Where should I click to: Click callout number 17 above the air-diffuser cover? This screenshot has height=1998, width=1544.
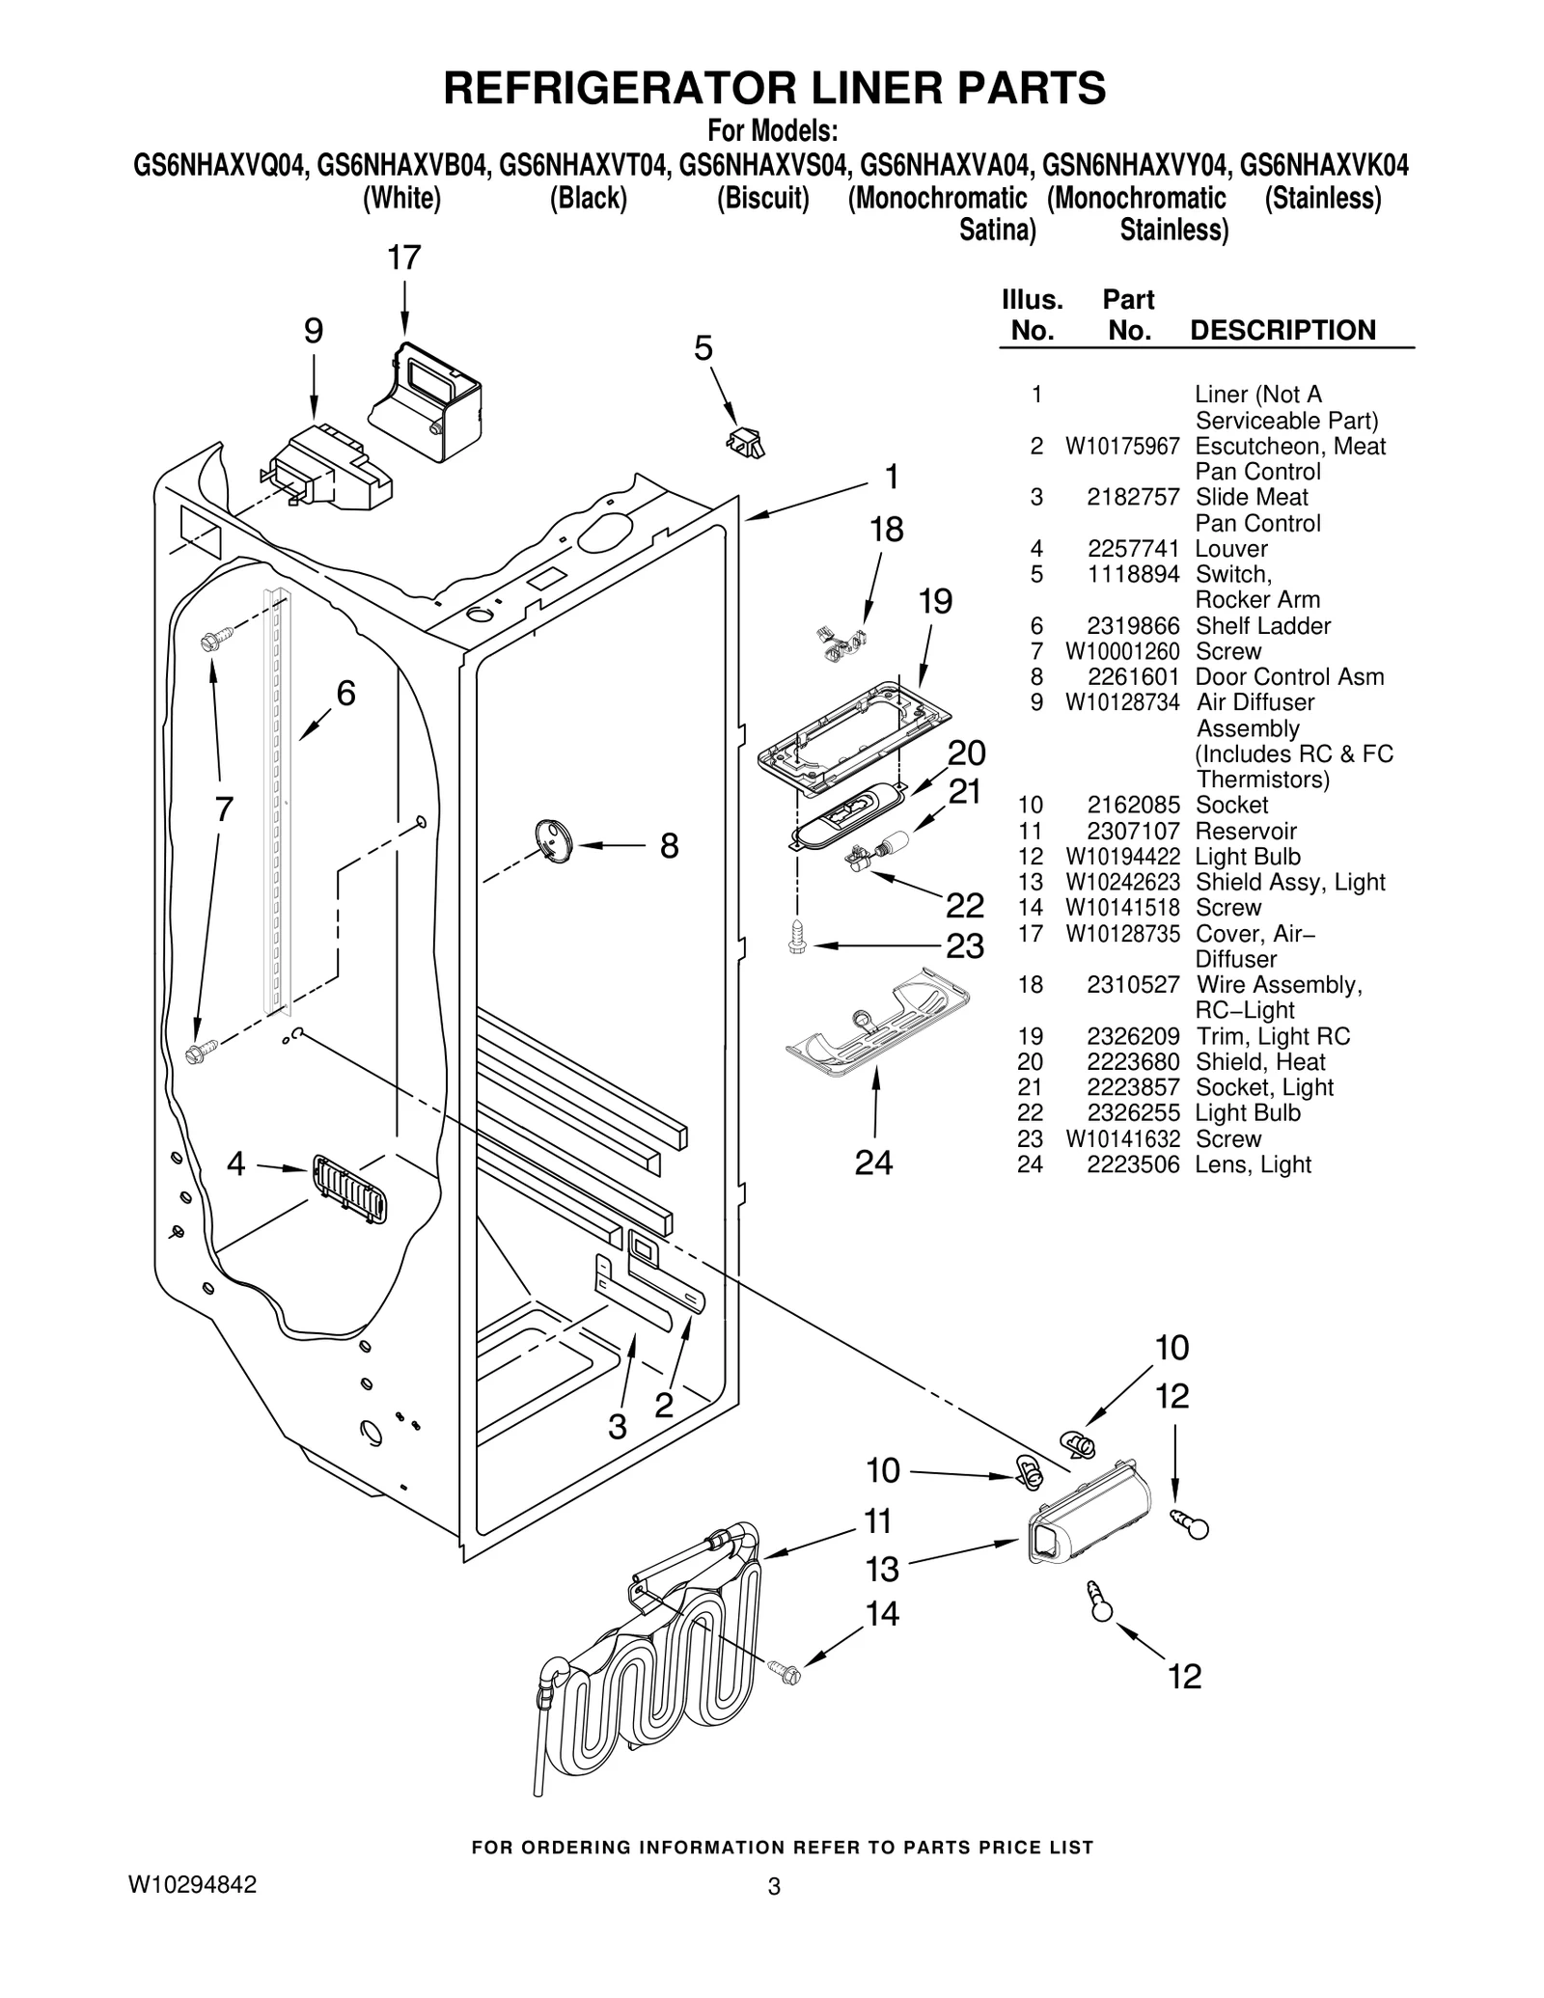(404, 259)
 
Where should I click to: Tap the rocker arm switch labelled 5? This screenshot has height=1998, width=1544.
(745, 443)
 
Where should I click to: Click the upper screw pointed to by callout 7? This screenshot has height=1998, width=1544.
(216, 639)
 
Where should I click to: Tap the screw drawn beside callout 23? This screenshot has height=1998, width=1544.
(798, 936)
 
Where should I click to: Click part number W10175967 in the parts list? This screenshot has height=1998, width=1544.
(1121, 447)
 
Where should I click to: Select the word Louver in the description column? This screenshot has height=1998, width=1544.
(1230, 549)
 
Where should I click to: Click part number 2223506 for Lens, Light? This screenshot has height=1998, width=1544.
(1133, 1164)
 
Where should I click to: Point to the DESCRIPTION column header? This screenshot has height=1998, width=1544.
(1282, 330)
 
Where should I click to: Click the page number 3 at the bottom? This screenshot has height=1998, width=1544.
(773, 1887)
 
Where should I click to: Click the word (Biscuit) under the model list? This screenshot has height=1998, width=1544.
(762, 199)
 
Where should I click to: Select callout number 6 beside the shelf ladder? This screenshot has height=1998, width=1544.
(345, 693)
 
